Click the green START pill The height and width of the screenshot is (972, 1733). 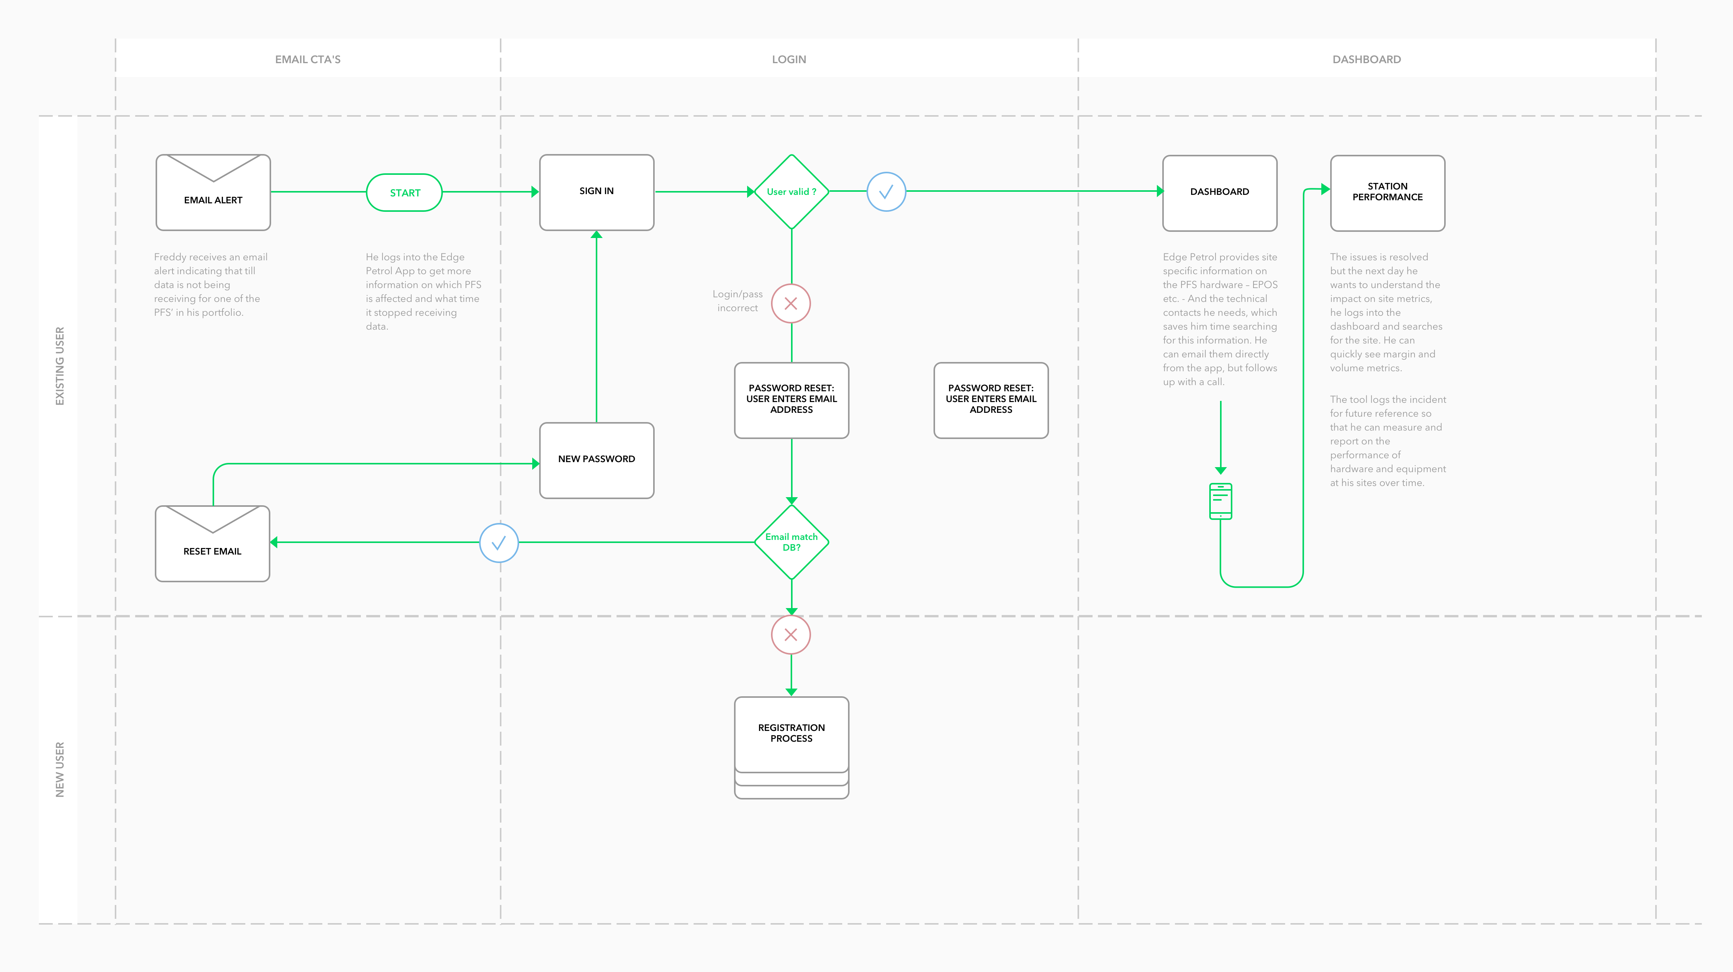[x=404, y=193]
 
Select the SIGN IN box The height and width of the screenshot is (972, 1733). [x=597, y=193]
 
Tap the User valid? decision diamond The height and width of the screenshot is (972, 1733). [x=791, y=192]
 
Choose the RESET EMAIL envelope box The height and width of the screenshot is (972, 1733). [x=213, y=543]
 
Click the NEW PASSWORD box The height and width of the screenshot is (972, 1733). [x=597, y=460]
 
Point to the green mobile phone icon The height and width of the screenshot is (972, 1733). [x=1220, y=501]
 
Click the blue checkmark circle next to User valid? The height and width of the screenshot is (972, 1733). [x=887, y=192]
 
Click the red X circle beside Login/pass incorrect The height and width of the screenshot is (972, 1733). [x=791, y=303]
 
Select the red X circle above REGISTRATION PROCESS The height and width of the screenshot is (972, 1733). [x=791, y=634]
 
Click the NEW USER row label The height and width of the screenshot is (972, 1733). [x=60, y=769]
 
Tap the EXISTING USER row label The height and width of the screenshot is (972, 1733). [x=60, y=366]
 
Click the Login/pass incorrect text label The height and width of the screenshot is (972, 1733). [x=737, y=301]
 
